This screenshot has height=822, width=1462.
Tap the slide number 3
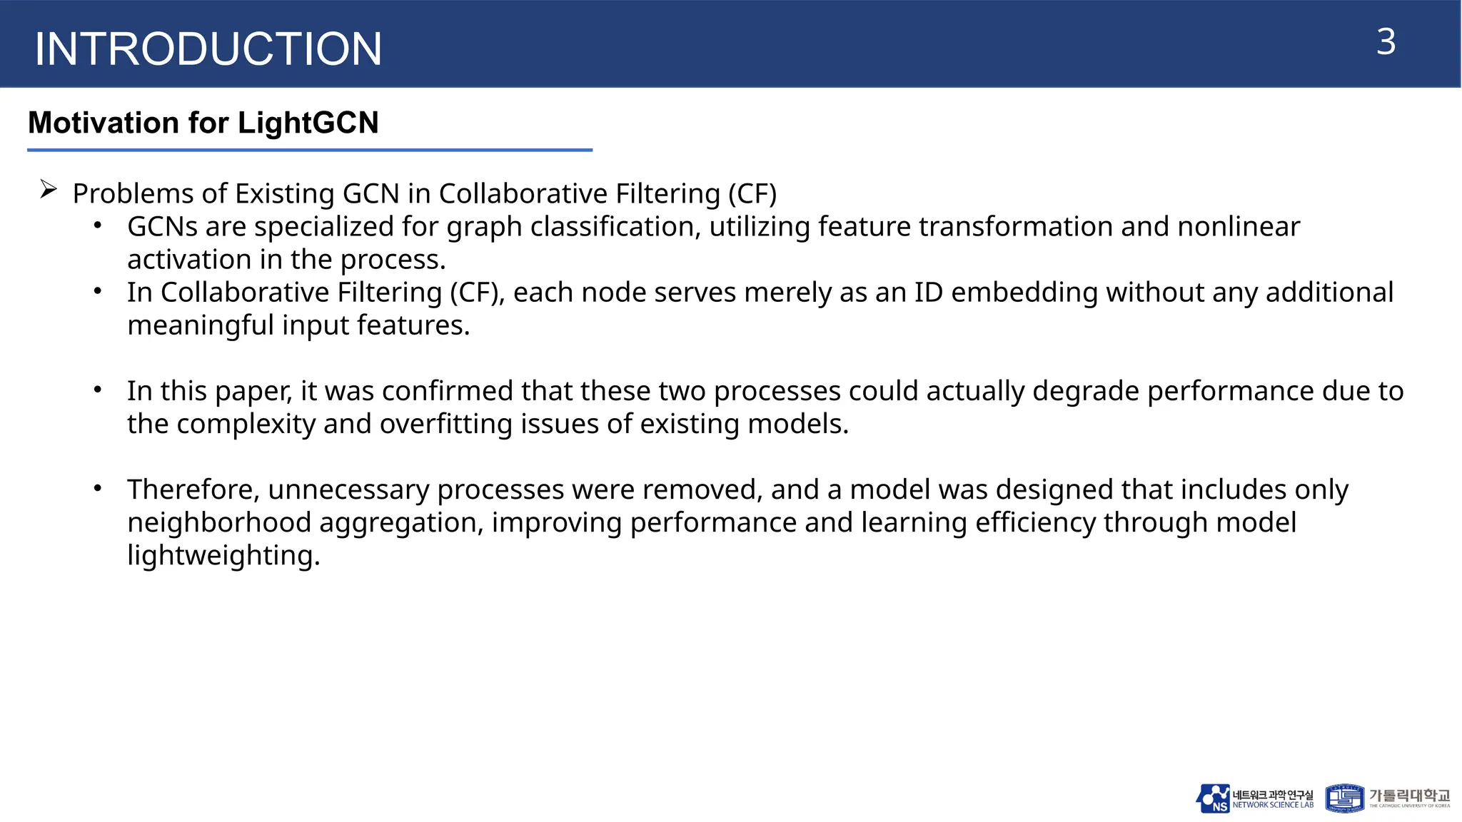coord(1386,42)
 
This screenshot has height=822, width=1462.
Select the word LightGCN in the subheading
coord(308,123)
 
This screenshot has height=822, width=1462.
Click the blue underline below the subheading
coord(310,150)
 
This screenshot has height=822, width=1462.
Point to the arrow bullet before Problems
coord(49,190)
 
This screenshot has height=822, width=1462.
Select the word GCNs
coord(162,226)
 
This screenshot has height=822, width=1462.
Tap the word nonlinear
coord(1239,226)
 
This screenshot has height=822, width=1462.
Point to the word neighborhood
coord(219,522)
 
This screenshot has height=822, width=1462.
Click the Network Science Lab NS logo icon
coord(1213,798)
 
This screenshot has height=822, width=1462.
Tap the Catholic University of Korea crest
coord(1345,798)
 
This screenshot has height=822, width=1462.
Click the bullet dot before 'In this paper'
coord(98,390)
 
